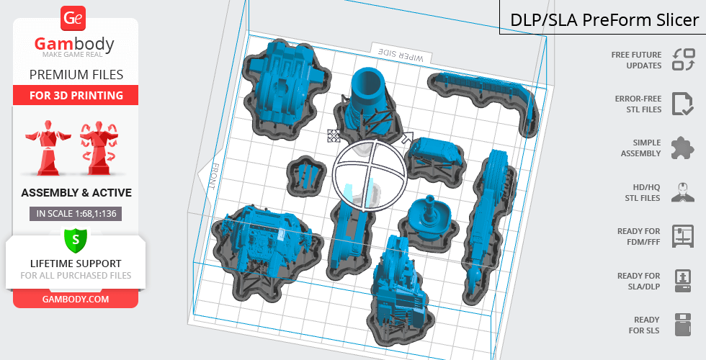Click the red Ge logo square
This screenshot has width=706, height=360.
(x=73, y=19)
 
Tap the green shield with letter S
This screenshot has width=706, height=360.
(x=75, y=240)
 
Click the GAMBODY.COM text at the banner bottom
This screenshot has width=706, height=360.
(x=76, y=300)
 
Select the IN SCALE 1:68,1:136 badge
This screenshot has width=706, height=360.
(x=76, y=214)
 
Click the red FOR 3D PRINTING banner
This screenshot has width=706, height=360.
(x=76, y=95)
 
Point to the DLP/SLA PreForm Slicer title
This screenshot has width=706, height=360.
(x=604, y=20)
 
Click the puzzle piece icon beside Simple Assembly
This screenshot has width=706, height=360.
(x=683, y=148)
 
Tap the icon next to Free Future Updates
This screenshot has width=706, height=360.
(x=684, y=60)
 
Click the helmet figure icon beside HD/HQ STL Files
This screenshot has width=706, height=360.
(x=683, y=192)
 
